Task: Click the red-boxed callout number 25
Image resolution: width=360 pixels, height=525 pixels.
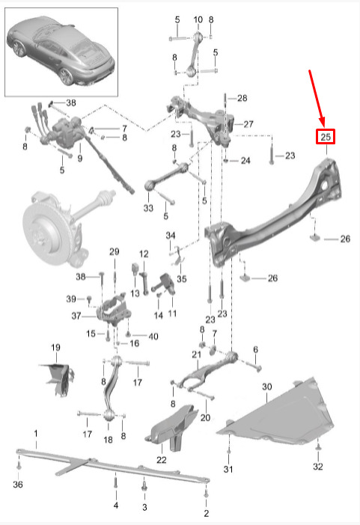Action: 326,137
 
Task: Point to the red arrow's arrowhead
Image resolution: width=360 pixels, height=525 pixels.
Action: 322,123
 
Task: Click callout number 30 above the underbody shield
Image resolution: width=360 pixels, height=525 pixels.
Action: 266,387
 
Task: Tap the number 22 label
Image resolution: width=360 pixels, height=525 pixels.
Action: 161,460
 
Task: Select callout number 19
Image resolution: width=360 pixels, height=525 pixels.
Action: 55,348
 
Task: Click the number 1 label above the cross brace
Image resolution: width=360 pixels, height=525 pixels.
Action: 36,434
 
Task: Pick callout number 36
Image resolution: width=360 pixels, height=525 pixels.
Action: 18,484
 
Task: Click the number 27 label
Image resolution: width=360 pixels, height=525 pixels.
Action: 248,124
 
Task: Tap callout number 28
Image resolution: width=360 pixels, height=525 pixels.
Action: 242,98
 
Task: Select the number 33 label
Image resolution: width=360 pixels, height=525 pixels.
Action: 148,208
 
